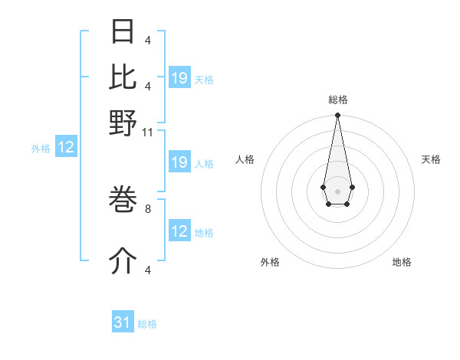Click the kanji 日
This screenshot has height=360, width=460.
click(123, 32)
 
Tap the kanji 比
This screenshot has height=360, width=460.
click(123, 76)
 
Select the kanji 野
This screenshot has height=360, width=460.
click(123, 123)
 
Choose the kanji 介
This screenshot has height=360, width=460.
click(123, 262)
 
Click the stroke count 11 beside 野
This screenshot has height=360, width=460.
click(148, 133)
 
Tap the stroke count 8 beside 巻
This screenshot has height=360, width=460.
click(148, 207)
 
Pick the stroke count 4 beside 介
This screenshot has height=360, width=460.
click(148, 270)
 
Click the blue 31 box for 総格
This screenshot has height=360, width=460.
click(123, 322)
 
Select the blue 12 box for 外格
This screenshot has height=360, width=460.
click(66, 148)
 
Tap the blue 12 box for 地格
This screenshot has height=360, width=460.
click(179, 231)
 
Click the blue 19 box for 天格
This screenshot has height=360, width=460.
click(179, 78)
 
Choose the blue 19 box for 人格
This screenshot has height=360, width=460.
click(179, 162)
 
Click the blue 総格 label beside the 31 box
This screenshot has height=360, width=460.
click(147, 324)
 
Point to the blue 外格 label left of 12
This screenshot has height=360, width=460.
click(41, 149)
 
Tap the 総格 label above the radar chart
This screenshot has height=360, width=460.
click(337, 100)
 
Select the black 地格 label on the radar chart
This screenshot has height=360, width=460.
click(402, 262)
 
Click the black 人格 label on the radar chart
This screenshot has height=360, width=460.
click(245, 159)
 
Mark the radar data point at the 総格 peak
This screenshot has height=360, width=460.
click(337, 116)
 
